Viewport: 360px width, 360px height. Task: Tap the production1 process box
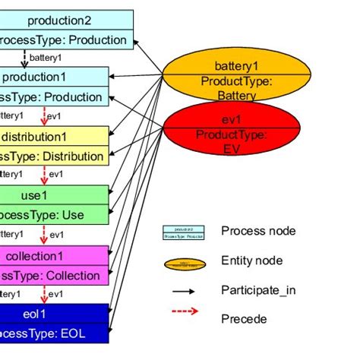53,87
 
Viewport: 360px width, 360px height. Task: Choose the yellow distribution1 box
53,146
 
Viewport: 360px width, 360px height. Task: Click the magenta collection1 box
53,265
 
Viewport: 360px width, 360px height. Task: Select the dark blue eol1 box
53,324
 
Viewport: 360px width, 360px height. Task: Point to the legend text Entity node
251,261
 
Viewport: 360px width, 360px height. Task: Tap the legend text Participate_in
256,289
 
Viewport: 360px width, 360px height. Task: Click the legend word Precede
244,319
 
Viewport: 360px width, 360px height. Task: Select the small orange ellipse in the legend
184,264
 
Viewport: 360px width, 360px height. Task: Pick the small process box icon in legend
184,232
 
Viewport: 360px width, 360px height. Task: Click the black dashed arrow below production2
24,58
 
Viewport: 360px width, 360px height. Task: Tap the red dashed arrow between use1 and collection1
43,234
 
